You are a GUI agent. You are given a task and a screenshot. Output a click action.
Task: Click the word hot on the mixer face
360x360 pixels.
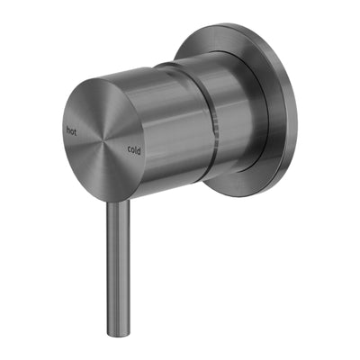pos(72,130)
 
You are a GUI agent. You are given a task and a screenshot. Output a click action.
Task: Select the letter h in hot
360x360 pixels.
pos(68,130)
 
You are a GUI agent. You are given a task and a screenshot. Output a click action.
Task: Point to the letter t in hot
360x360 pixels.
pos(76,130)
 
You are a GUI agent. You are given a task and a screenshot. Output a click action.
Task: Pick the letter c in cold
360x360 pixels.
pos(129,148)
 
